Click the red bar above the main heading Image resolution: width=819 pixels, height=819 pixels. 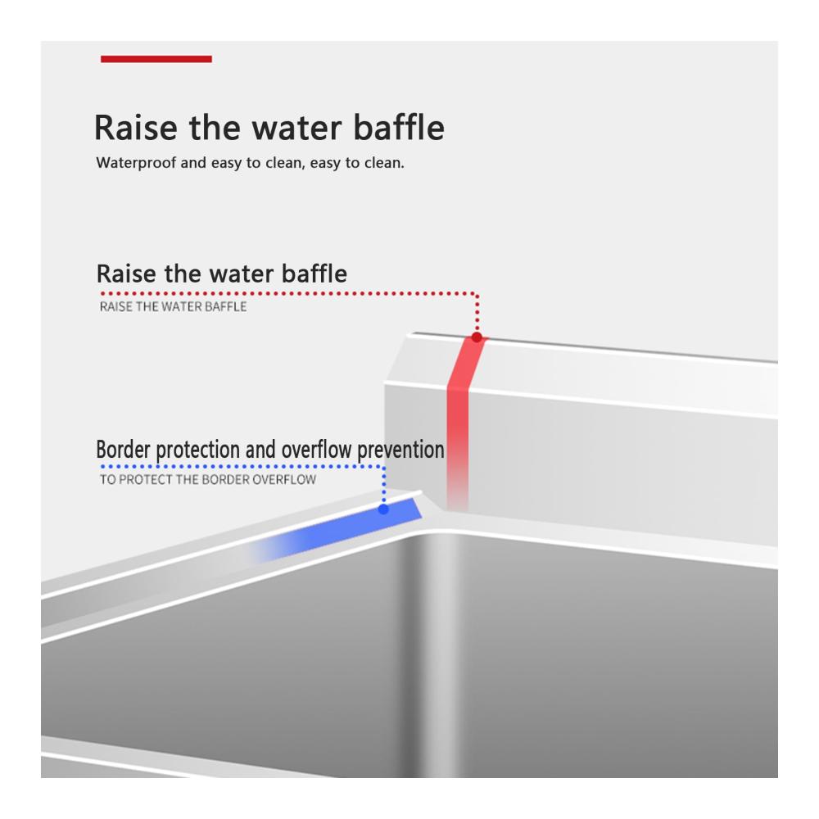coord(156,59)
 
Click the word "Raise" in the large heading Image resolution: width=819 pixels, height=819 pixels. coord(136,128)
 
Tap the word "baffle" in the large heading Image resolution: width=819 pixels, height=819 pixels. coord(399,127)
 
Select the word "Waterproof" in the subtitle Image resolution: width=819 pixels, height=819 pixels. coord(136,163)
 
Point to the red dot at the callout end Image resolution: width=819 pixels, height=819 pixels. coord(477,337)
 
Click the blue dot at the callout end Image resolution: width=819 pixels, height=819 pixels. coord(383,509)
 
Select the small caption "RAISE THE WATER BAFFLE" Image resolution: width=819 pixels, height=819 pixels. coord(173,306)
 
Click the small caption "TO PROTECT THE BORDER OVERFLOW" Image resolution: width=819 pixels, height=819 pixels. coord(208,479)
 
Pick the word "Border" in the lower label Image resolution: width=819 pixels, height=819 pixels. coord(124,450)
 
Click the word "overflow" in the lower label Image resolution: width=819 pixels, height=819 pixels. coord(316,450)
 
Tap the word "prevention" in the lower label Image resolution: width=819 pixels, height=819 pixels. coord(400,450)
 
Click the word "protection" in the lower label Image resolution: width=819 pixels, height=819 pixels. coord(198,450)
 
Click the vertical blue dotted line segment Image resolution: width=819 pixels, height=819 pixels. coord(384,485)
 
